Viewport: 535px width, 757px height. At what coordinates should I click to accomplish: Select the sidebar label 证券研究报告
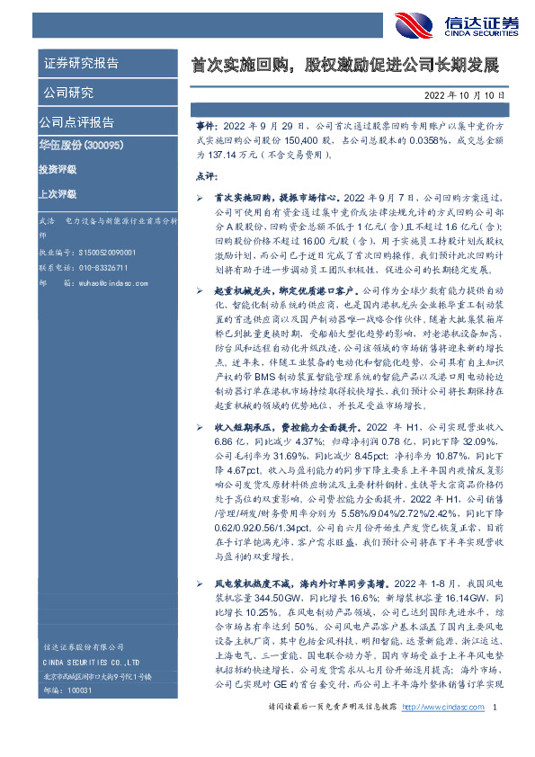(81, 64)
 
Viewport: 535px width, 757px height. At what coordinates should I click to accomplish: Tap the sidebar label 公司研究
(68, 93)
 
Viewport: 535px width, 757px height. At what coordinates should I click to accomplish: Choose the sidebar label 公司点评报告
(76, 122)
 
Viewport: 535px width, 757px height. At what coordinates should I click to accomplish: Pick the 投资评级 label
(58, 169)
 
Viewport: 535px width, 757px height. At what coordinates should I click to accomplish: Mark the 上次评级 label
(58, 194)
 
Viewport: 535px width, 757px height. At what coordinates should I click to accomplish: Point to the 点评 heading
(206, 175)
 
